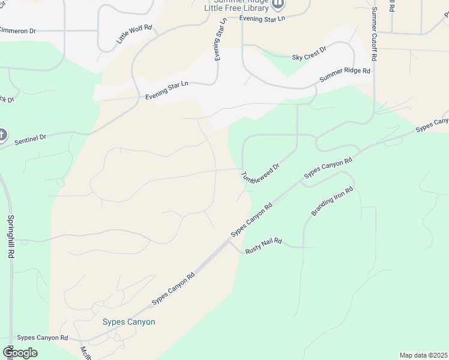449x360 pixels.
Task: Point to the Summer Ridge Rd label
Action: [345, 75]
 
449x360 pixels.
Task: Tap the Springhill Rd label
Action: [11, 236]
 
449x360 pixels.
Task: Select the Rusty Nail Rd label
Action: [264, 245]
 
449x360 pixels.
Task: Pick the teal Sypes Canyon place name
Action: [128, 322]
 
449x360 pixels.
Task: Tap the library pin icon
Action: [277, 4]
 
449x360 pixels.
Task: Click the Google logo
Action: [20, 353]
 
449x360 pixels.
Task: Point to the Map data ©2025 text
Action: [424, 355]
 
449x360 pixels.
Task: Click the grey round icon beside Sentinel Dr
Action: [2, 135]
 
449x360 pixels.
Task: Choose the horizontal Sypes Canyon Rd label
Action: [43, 338]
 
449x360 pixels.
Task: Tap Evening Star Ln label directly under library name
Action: [262, 19]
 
